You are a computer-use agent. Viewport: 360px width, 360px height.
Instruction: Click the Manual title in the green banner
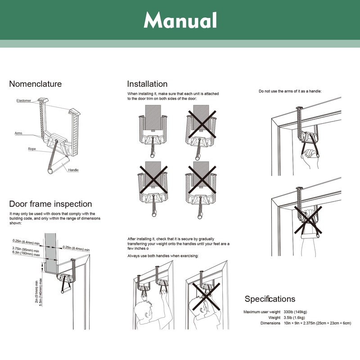click(180, 20)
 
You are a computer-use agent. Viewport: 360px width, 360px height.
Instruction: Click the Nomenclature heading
click(36, 84)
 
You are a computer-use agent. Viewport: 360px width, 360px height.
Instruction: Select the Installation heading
click(147, 84)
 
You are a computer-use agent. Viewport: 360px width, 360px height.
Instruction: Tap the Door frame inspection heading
click(50, 204)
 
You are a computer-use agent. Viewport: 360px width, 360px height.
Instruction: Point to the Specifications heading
click(270, 299)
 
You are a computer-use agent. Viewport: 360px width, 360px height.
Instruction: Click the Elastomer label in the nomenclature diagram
click(24, 101)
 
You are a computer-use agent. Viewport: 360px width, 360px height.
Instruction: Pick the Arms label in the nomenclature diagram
click(18, 133)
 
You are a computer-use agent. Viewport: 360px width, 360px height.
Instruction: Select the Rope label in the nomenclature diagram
click(32, 148)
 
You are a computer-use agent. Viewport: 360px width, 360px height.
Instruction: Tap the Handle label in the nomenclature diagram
click(74, 170)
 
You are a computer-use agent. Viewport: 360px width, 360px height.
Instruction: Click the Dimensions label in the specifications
click(270, 323)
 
